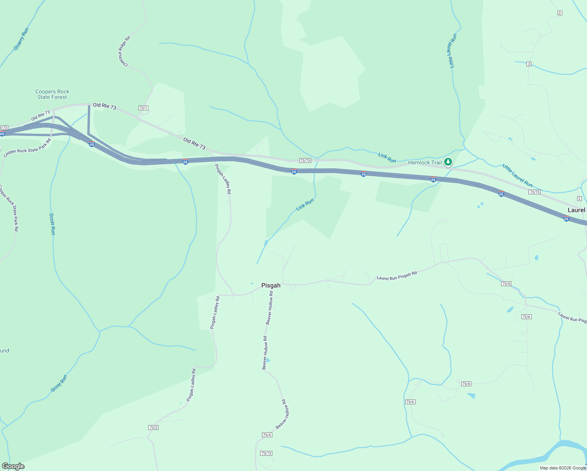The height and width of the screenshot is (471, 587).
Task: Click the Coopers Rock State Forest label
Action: [x=52, y=94]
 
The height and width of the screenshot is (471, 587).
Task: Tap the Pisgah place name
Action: [x=271, y=285]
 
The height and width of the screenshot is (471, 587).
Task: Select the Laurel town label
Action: [x=576, y=210]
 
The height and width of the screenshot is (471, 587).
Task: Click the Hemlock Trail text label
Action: [x=425, y=162]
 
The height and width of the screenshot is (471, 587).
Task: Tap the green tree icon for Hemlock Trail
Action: [x=448, y=162]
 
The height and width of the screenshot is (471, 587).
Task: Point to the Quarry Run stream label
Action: [x=21, y=38]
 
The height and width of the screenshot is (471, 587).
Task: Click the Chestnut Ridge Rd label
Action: [x=124, y=51]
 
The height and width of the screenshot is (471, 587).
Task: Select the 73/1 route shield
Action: [x=143, y=108]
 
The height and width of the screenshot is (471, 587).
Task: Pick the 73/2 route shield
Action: [x=153, y=427]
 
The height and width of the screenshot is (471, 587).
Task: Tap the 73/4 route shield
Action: [x=267, y=435]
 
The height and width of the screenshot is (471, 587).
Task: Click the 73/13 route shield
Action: [x=266, y=453]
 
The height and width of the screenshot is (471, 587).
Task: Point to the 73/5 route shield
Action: [x=506, y=284]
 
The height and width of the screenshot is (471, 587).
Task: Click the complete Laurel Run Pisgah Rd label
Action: [x=397, y=276]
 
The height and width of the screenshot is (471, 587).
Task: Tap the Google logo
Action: [x=13, y=466]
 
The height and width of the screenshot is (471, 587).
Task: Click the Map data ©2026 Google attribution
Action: [x=562, y=468]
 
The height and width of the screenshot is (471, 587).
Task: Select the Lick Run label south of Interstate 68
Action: [x=305, y=204]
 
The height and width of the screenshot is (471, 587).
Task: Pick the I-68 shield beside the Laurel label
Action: [x=566, y=219]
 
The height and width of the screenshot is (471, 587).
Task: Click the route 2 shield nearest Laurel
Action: [x=580, y=198]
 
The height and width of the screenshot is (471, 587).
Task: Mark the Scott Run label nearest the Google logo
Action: [x=59, y=383]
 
